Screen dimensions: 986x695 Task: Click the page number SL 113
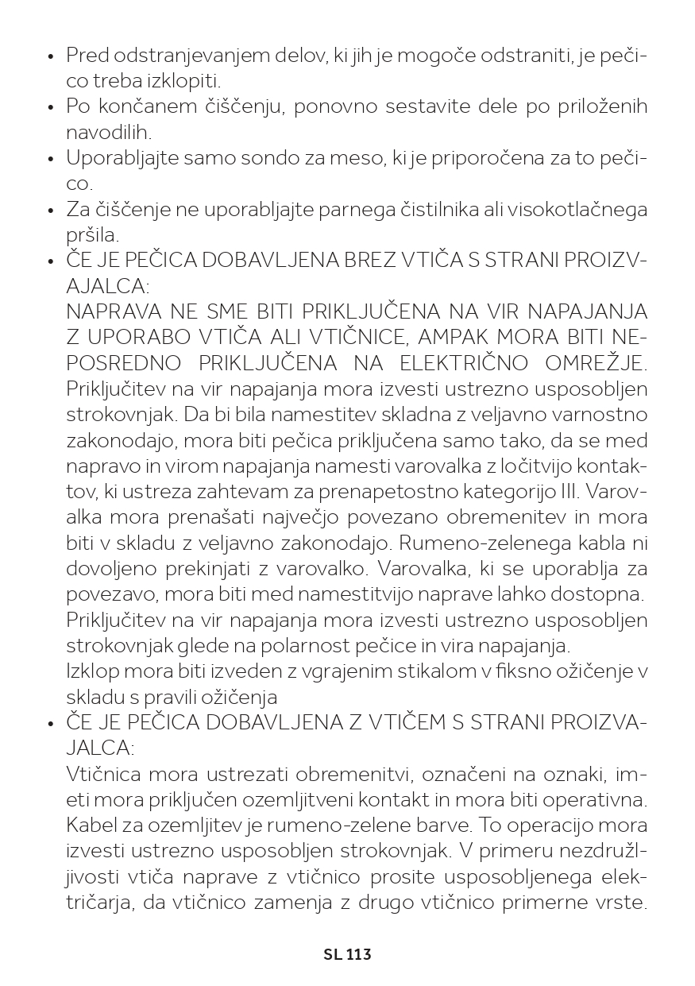[x=347, y=954]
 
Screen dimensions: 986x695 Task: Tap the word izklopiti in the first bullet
[x=184, y=81]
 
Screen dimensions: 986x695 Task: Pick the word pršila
[x=92, y=236]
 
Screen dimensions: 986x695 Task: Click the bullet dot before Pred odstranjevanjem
[x=51, y=57]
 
